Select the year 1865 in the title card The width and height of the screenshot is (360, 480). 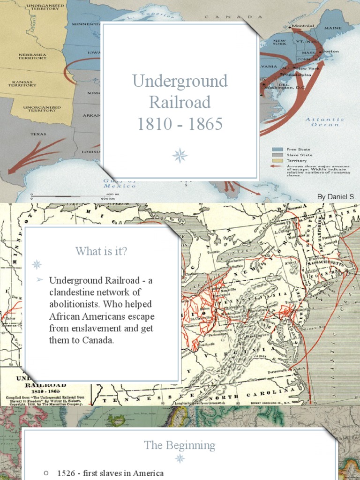coord(203,124)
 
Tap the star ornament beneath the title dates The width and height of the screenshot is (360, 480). coord(180,156)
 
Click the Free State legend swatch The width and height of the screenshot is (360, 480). coord(277,149)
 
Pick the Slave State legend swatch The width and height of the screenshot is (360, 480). coord(277,155)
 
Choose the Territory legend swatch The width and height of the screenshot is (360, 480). coord(277,160)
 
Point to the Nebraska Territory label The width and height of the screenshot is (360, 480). coord(32,56)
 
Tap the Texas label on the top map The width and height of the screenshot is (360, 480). coord(38,134)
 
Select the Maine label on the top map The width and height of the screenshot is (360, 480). coord(333,28)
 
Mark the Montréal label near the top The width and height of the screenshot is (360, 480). coord(304,26)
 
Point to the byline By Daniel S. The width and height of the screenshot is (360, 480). coord(337,197)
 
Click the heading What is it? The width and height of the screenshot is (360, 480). coord(101,251)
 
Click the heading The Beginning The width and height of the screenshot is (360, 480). coord(180,445)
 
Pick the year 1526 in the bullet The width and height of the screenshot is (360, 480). coord(66,473)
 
